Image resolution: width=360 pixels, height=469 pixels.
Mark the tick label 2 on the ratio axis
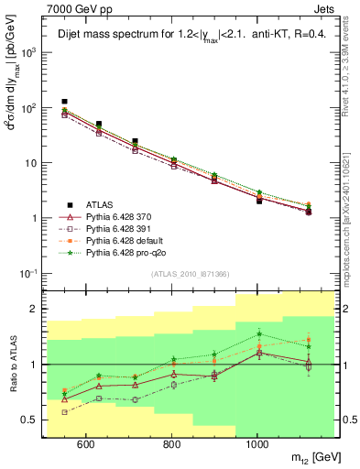point(35,310)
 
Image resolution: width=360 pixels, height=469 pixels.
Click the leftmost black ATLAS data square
point(64,102)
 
